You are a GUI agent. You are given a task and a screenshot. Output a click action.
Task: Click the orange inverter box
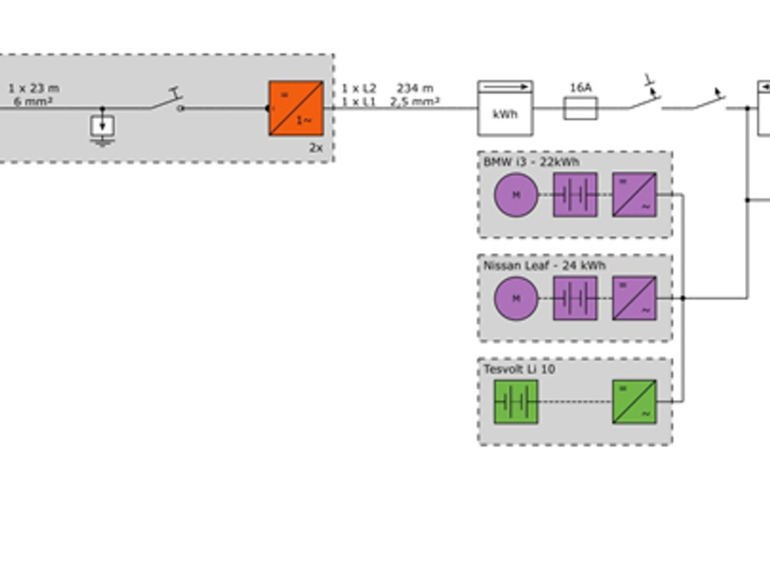point(295,108)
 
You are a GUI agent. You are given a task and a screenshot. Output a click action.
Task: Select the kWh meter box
point(505,109)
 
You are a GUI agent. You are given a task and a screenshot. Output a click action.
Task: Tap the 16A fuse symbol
point(580,108)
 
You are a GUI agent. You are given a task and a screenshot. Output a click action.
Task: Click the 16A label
point(581,88)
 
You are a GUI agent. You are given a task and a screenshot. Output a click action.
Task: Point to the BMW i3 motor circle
point(516,195)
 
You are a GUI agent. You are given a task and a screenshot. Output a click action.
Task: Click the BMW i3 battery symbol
point(575,195)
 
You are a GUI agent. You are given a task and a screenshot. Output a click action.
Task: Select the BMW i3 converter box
point(634,195)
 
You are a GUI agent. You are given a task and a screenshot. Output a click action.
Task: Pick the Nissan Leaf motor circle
point(516,298)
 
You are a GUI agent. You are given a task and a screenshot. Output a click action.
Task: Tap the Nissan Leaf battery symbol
point(575,298)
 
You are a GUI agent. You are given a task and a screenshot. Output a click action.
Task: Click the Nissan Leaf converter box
point(634,298)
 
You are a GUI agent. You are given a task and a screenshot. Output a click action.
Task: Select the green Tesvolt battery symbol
point(516,402)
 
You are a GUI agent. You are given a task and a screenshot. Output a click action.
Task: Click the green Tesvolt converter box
point(634,402)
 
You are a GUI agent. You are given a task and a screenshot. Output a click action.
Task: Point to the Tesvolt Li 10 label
point(519,369)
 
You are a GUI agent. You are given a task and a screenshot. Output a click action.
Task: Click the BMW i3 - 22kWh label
point(531,162)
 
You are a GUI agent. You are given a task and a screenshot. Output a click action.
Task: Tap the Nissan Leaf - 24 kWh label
point(544,266)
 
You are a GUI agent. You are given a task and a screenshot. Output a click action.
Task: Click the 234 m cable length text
point(415,88)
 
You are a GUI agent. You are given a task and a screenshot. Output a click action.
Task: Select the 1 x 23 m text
point(33,88)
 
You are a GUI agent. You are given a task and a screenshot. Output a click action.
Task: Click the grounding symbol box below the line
point(102,126)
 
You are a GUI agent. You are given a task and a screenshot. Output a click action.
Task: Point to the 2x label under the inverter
point(316,147)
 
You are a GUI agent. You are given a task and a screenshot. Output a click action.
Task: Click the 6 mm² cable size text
point(33,101)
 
